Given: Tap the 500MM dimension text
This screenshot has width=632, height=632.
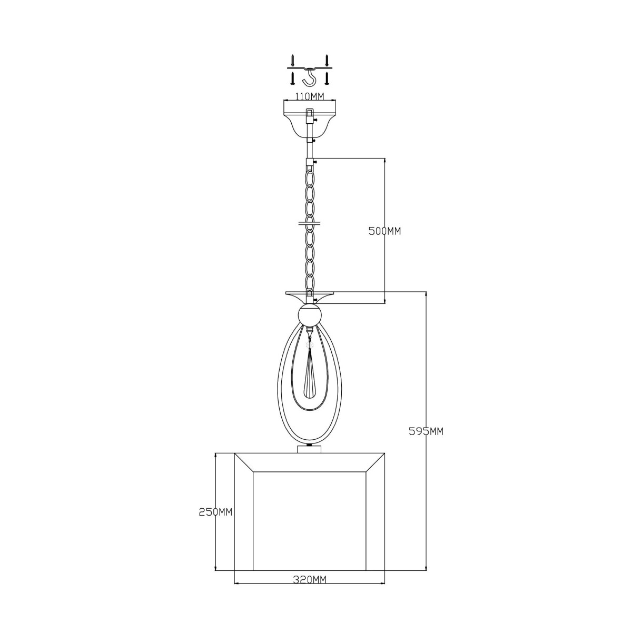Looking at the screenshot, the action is pos(384,231).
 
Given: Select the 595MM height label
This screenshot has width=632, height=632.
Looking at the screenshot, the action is pos(426,432).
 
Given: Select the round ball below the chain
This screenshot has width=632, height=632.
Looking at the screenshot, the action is pos(310,315).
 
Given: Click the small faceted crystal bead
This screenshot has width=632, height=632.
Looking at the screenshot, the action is pos(309,345).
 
